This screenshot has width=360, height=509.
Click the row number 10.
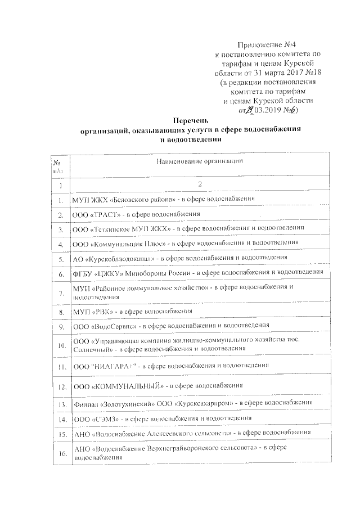pyautogui.click(x=60, y=345)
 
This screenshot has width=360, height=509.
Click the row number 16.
pyautogui.click(x=60, y=454)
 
